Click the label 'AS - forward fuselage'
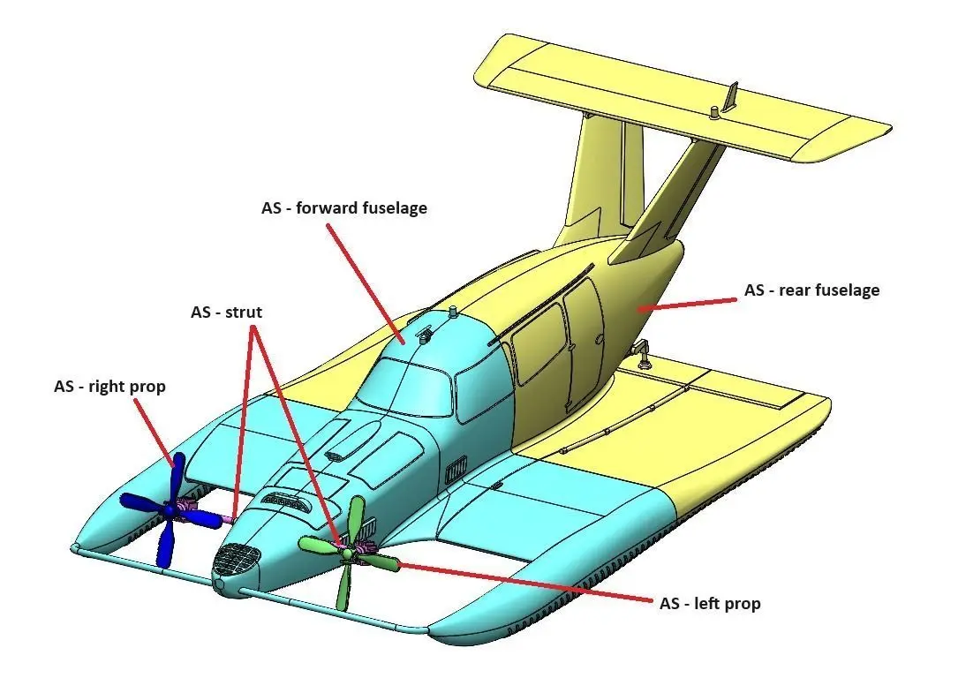tap(343, 208)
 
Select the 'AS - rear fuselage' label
tap(811, 290)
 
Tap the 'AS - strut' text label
tap(226, 313)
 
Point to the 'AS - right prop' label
tap(109, 386)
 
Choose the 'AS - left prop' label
tap(710, 603)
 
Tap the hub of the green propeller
tap(348, 553)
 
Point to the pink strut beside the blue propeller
tap(229, 516)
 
